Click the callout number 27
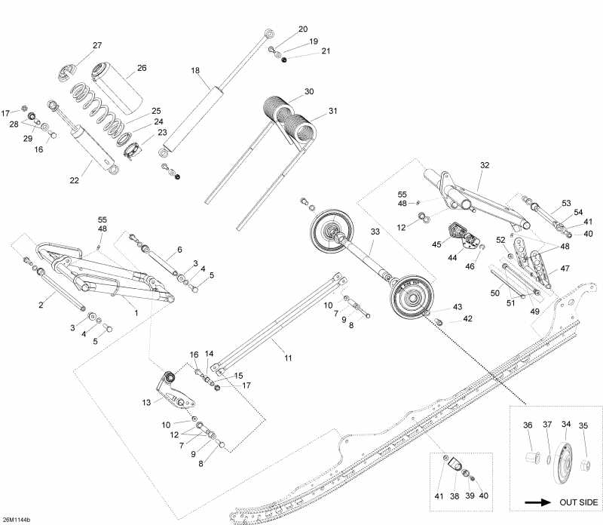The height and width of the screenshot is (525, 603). [97, 46]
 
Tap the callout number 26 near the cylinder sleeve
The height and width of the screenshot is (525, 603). [141, 68]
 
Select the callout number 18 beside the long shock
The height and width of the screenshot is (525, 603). [195, 70]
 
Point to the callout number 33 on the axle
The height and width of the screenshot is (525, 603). [375, 232]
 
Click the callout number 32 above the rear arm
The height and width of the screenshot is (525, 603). [485, 164]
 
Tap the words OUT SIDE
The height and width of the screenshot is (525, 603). [577, 502]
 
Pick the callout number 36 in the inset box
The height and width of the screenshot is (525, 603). [527, 425]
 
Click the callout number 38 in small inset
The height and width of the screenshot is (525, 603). [455, 495]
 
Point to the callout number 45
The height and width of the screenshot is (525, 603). [436, 244]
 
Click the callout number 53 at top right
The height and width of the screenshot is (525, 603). [567, 204]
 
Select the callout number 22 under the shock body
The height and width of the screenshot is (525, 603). [73, 180]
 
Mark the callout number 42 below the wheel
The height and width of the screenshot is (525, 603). [467, 319]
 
